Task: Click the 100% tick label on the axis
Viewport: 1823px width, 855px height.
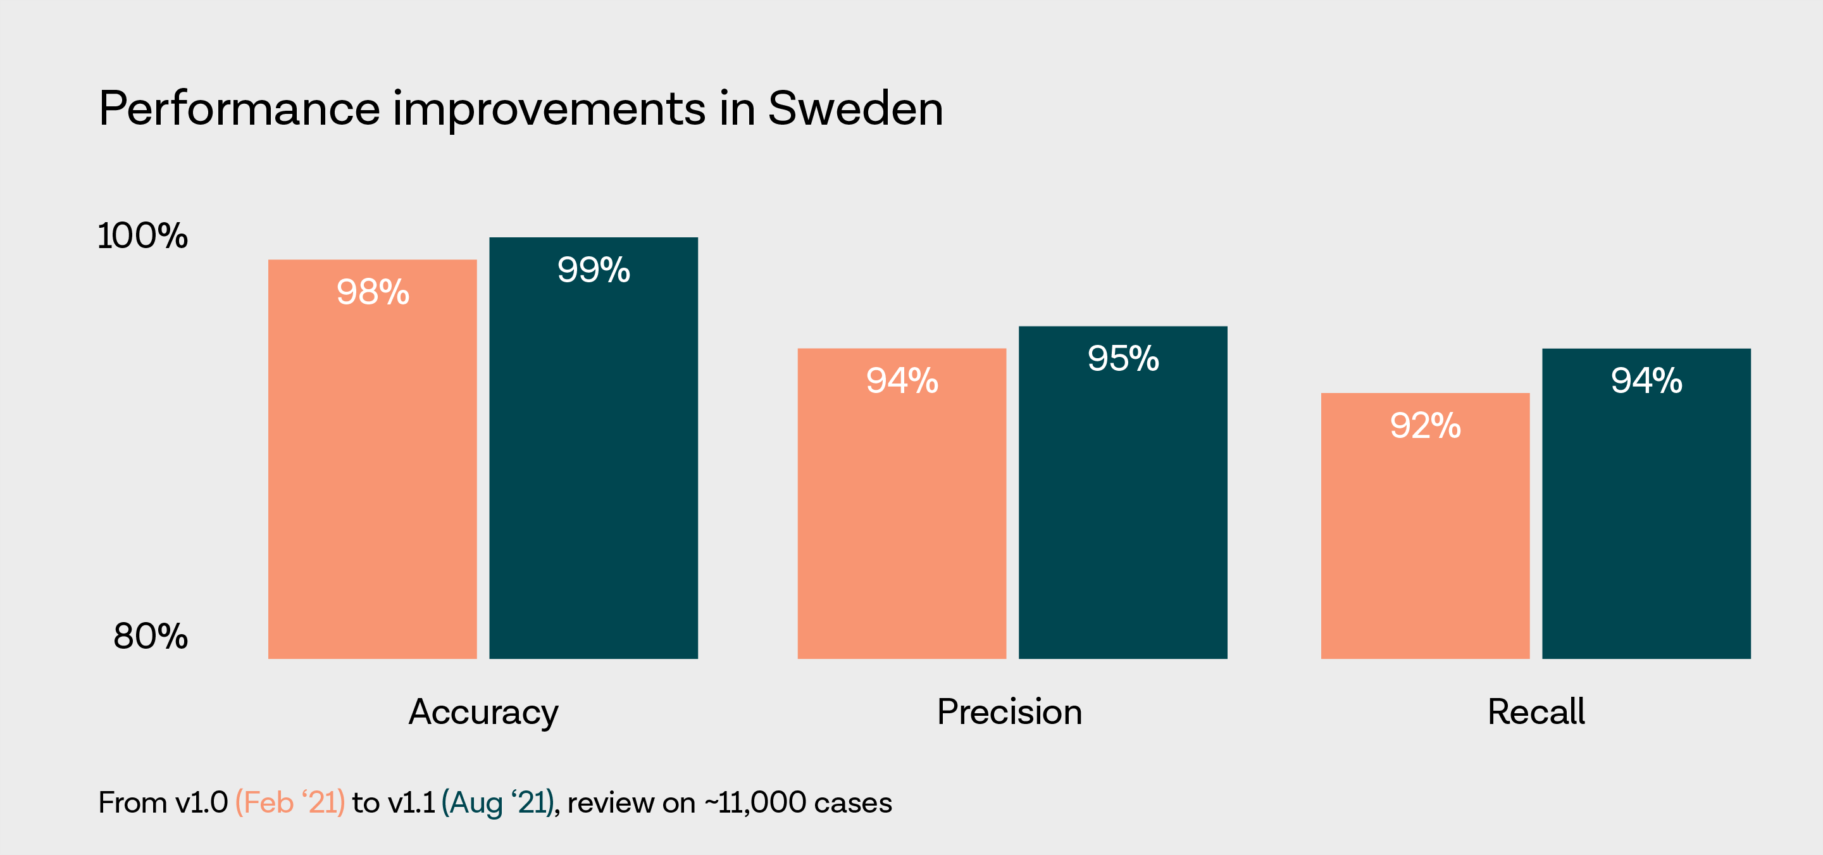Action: pos(142,235)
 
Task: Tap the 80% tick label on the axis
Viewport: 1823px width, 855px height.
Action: pos(150,635)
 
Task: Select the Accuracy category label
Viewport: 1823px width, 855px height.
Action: pos(483,712)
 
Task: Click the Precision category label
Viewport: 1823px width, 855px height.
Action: pos(1009,712)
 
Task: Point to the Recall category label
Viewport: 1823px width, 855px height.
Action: pos(1536,712)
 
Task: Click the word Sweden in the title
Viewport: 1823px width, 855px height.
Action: pos(855,109)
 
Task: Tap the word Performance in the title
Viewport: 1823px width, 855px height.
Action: pos(239,109)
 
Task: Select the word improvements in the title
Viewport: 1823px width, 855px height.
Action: pos(549,109)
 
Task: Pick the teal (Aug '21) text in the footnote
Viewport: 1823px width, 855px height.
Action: pos(497,802)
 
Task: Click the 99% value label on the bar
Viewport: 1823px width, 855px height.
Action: pos(593,270)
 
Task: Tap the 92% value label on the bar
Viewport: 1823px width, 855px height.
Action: pos(1424,425)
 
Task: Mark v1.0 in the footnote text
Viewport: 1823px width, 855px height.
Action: pos(201,802)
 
